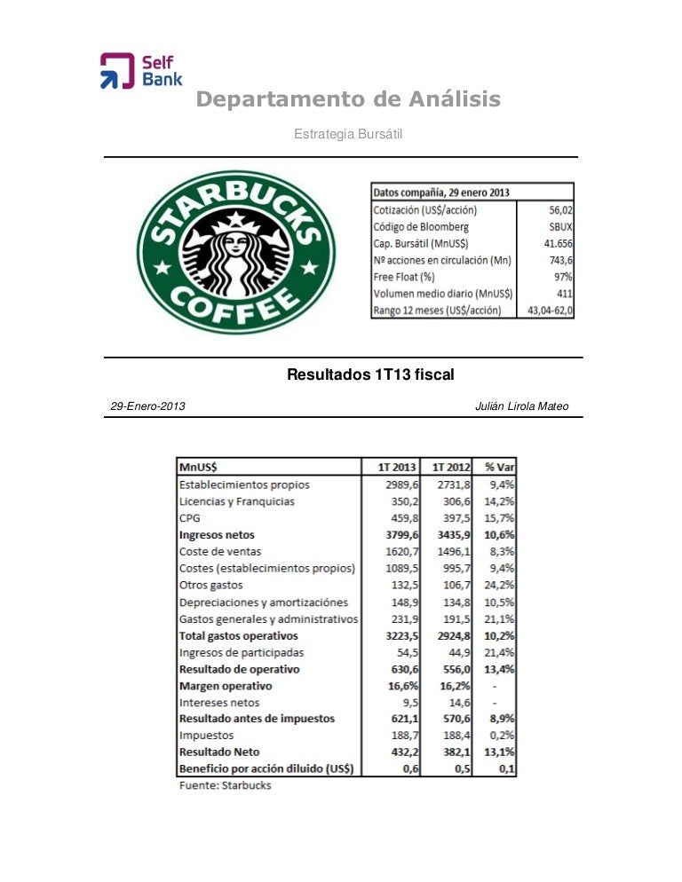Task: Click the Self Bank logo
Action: [x=140, y=71]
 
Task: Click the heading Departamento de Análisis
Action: [x=348, y=100]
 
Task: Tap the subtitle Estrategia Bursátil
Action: [x=349, y=133]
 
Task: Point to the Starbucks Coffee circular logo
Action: [x=234, y=252]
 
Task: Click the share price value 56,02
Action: [x=559, y=210]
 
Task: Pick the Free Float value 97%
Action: [x=561, y=277]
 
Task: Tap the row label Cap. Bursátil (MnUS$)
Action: [x=422, y=244]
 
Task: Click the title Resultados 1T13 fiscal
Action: [x=370, y=375]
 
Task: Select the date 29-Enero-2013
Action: [x=147, y=406]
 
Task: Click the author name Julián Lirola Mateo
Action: [x=522, y=406]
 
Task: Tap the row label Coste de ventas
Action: [x=218, y=552]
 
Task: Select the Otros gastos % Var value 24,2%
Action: [x=500, y=586]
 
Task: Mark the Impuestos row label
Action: [x=206, y=736]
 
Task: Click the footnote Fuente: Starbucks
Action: [x=226, y=785]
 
